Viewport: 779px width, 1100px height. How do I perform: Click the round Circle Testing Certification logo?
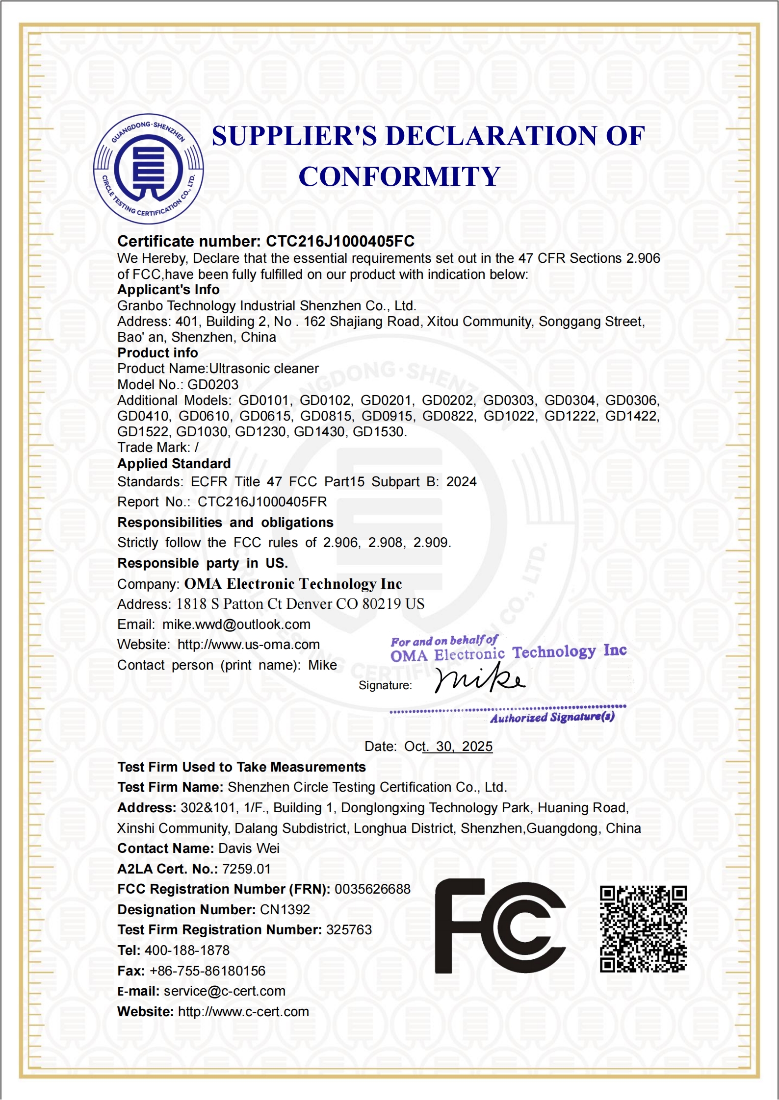[149, 169]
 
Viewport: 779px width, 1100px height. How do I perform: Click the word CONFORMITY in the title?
[399, 177]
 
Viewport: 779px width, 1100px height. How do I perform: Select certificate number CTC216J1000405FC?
[340, 241]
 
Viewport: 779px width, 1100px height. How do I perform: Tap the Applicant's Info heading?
[168, 290]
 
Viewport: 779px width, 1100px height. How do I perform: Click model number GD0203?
[213, 385]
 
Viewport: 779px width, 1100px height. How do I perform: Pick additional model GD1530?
[379, 432]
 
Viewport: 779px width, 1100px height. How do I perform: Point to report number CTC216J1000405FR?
[262, 502]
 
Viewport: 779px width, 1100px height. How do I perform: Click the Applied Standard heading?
[174, 464]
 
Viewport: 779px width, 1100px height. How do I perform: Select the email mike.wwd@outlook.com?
[236, 625]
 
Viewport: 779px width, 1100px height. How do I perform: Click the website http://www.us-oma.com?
[249, 645]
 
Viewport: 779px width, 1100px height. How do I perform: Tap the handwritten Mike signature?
[480, 678]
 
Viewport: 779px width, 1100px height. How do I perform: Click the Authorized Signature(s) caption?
[552, 718]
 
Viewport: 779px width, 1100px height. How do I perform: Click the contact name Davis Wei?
[249, 849]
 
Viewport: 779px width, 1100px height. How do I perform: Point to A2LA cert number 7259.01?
[246, 869]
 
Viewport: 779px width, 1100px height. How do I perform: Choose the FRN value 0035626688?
[372, 889]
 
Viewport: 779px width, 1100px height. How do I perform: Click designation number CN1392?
[285, 910]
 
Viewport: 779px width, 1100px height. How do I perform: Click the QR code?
[643, 929]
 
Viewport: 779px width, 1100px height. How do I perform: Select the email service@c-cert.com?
[224, 991]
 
